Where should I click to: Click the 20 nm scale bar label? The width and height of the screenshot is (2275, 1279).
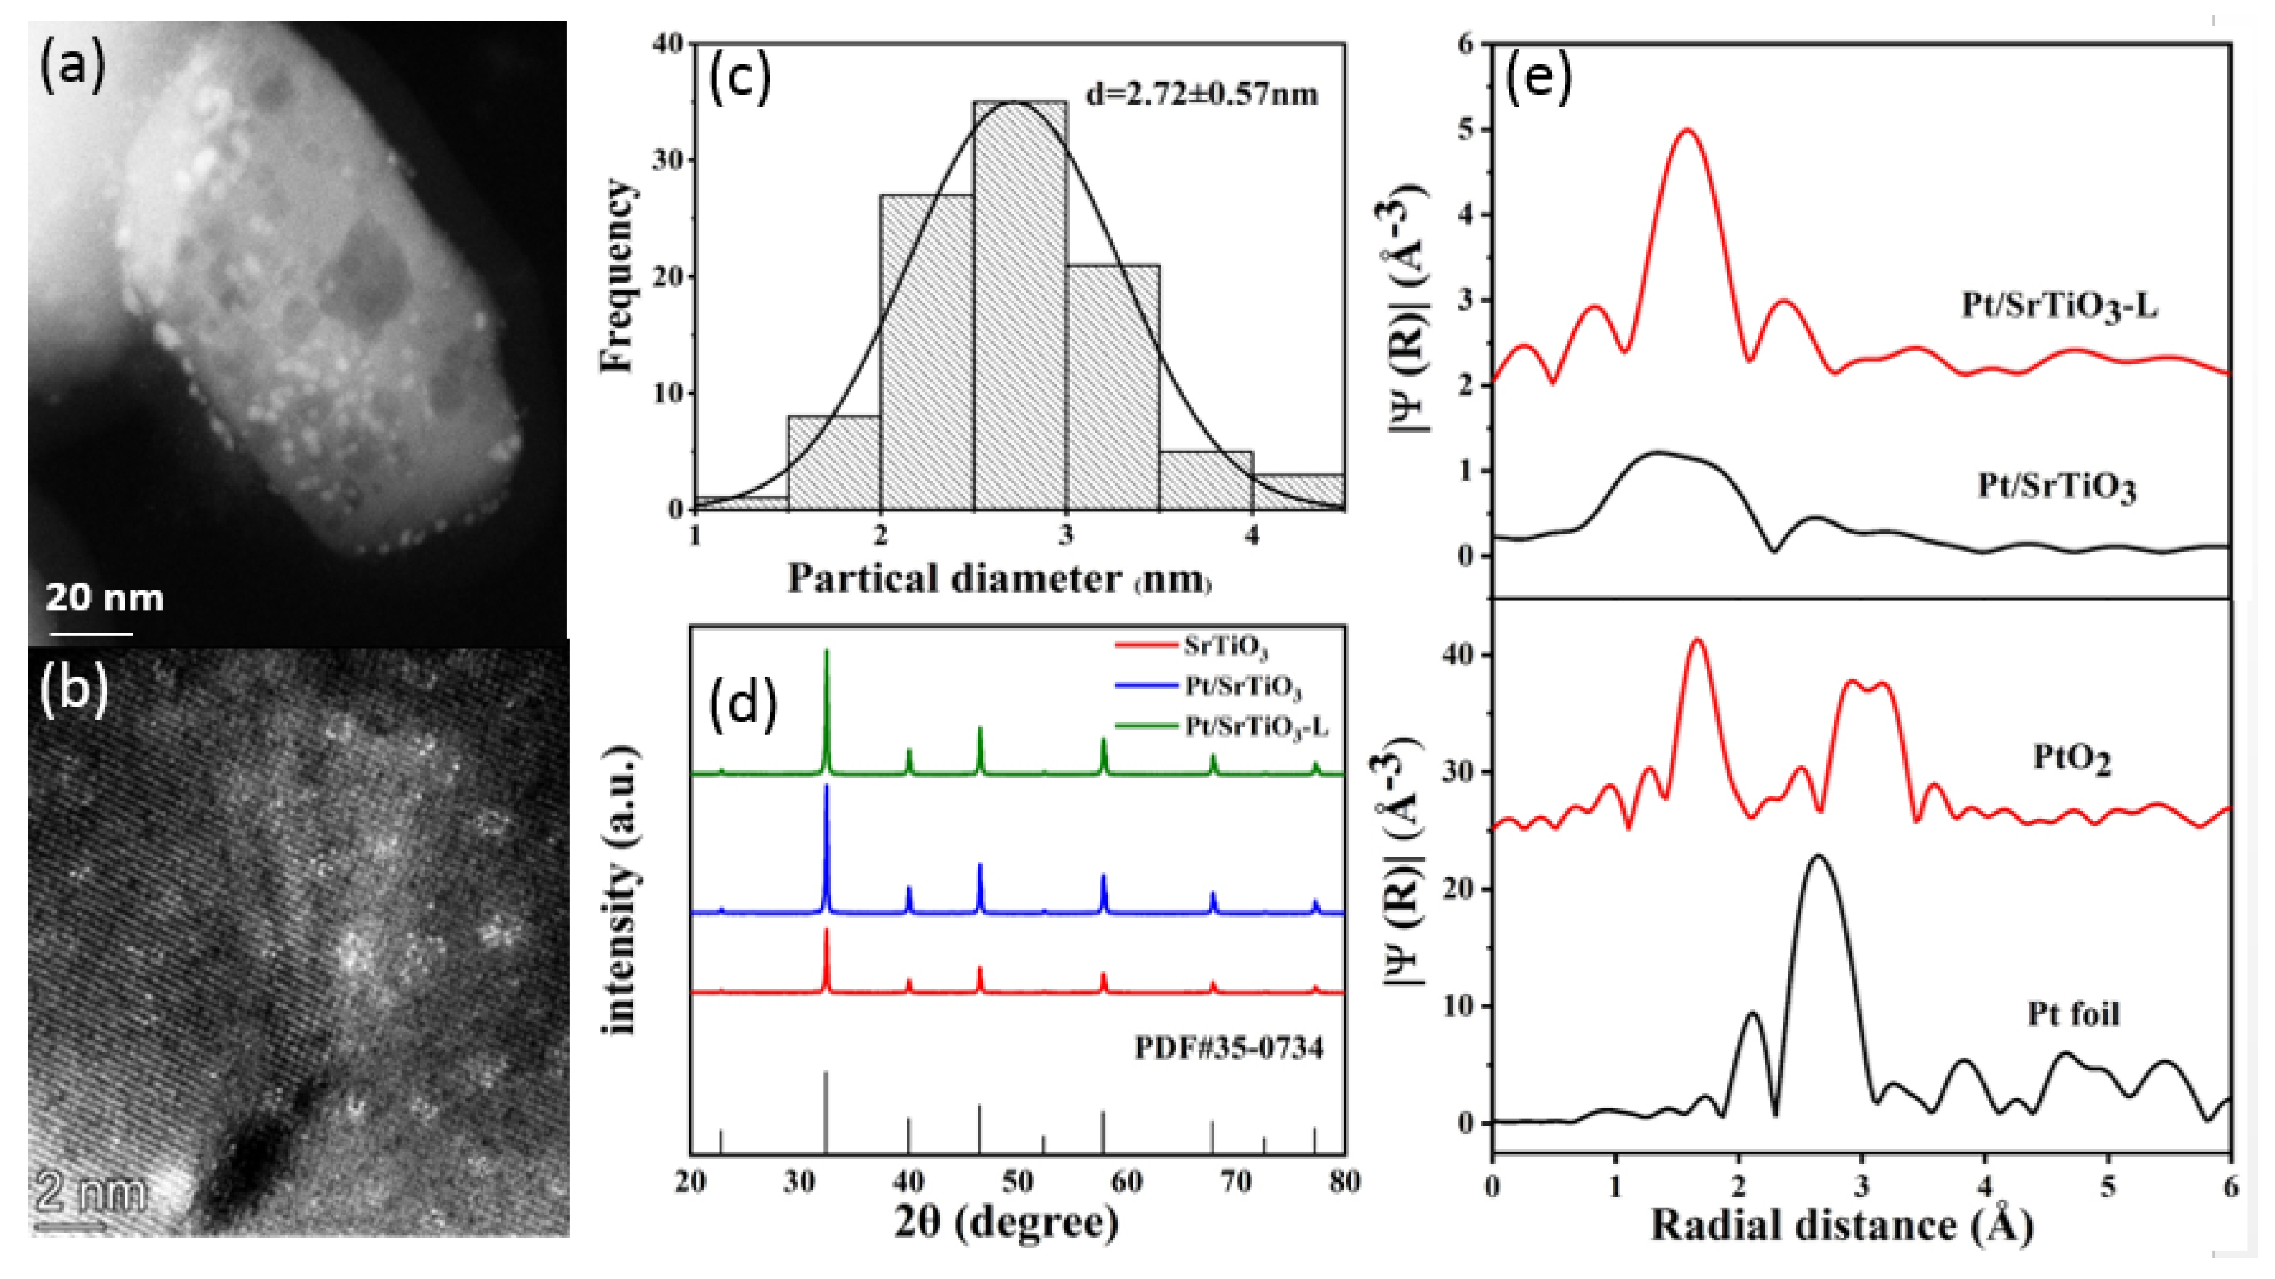(x=104, y=599)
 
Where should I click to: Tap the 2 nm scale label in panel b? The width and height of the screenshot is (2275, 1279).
(x=91, y=1194)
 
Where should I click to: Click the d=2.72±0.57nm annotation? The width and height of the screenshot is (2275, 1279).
(x=1201, y=93)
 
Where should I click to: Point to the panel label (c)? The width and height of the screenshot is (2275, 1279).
(x=740, y=78)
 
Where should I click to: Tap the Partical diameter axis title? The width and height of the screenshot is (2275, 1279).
(x=998, y=579)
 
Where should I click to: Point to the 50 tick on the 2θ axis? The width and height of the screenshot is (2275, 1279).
(x=1017, y=1181)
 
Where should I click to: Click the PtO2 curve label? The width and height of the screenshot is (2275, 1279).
(x=2071, y=758)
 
